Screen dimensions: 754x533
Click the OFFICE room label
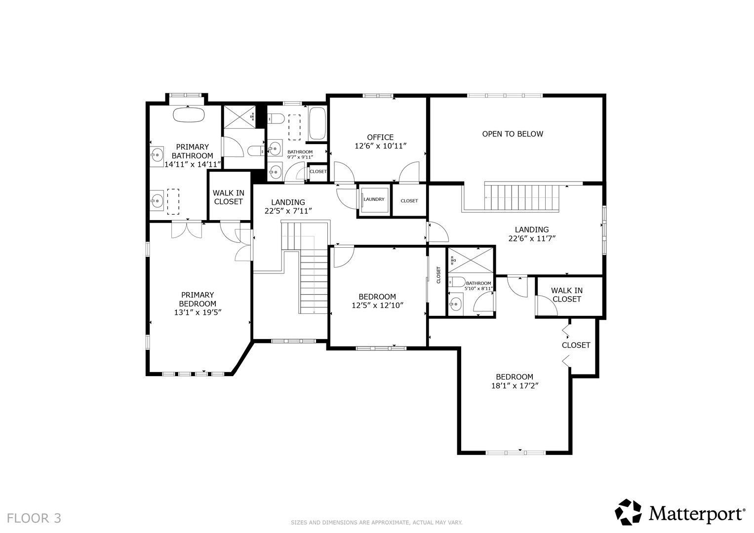coord(380,137)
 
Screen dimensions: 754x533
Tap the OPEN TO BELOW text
coord(513,134)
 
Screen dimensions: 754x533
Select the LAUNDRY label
coord(374,199)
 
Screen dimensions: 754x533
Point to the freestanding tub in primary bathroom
coord(189,114)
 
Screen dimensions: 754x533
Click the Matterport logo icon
coord(628,512)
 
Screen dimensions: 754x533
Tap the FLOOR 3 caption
coord(34,519)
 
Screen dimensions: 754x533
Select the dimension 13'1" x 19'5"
coord(198,312)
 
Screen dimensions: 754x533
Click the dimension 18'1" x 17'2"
coord(515,386)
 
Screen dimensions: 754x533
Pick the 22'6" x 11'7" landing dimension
coord(532,238)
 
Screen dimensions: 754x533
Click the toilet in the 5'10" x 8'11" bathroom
coord(456,282)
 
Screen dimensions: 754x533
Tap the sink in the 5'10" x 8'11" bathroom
coord(455,304)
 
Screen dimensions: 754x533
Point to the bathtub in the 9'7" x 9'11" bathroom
coord(317,123)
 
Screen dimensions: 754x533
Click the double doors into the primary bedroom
coord(187,230)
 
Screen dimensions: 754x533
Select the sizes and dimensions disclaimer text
coord(377,523)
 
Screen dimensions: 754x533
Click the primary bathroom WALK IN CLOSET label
coord(229,197)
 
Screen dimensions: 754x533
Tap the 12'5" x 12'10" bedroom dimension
coord(377,305)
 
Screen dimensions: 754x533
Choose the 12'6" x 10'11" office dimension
coord(381,146)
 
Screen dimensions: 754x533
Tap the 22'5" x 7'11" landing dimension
coord(288,211)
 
